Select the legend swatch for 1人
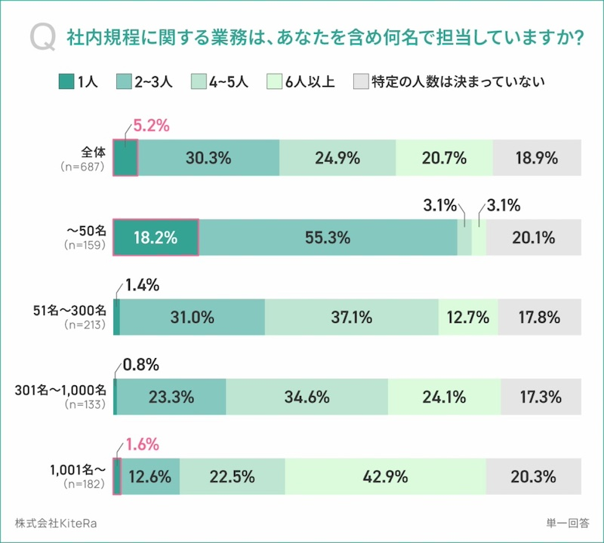[66, 81]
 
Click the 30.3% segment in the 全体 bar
[208, 158]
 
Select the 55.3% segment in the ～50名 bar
[328, 238]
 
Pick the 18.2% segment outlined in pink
[156, 238]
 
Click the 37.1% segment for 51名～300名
[351, 317]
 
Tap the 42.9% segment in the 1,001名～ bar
[385, 477]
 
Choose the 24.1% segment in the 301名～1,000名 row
[443, 397]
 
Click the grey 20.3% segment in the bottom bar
[534, 477]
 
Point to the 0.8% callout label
[141, 366]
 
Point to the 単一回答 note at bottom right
[568, 523]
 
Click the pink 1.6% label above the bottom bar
[141, 445]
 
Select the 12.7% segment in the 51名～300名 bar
[467, 317]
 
